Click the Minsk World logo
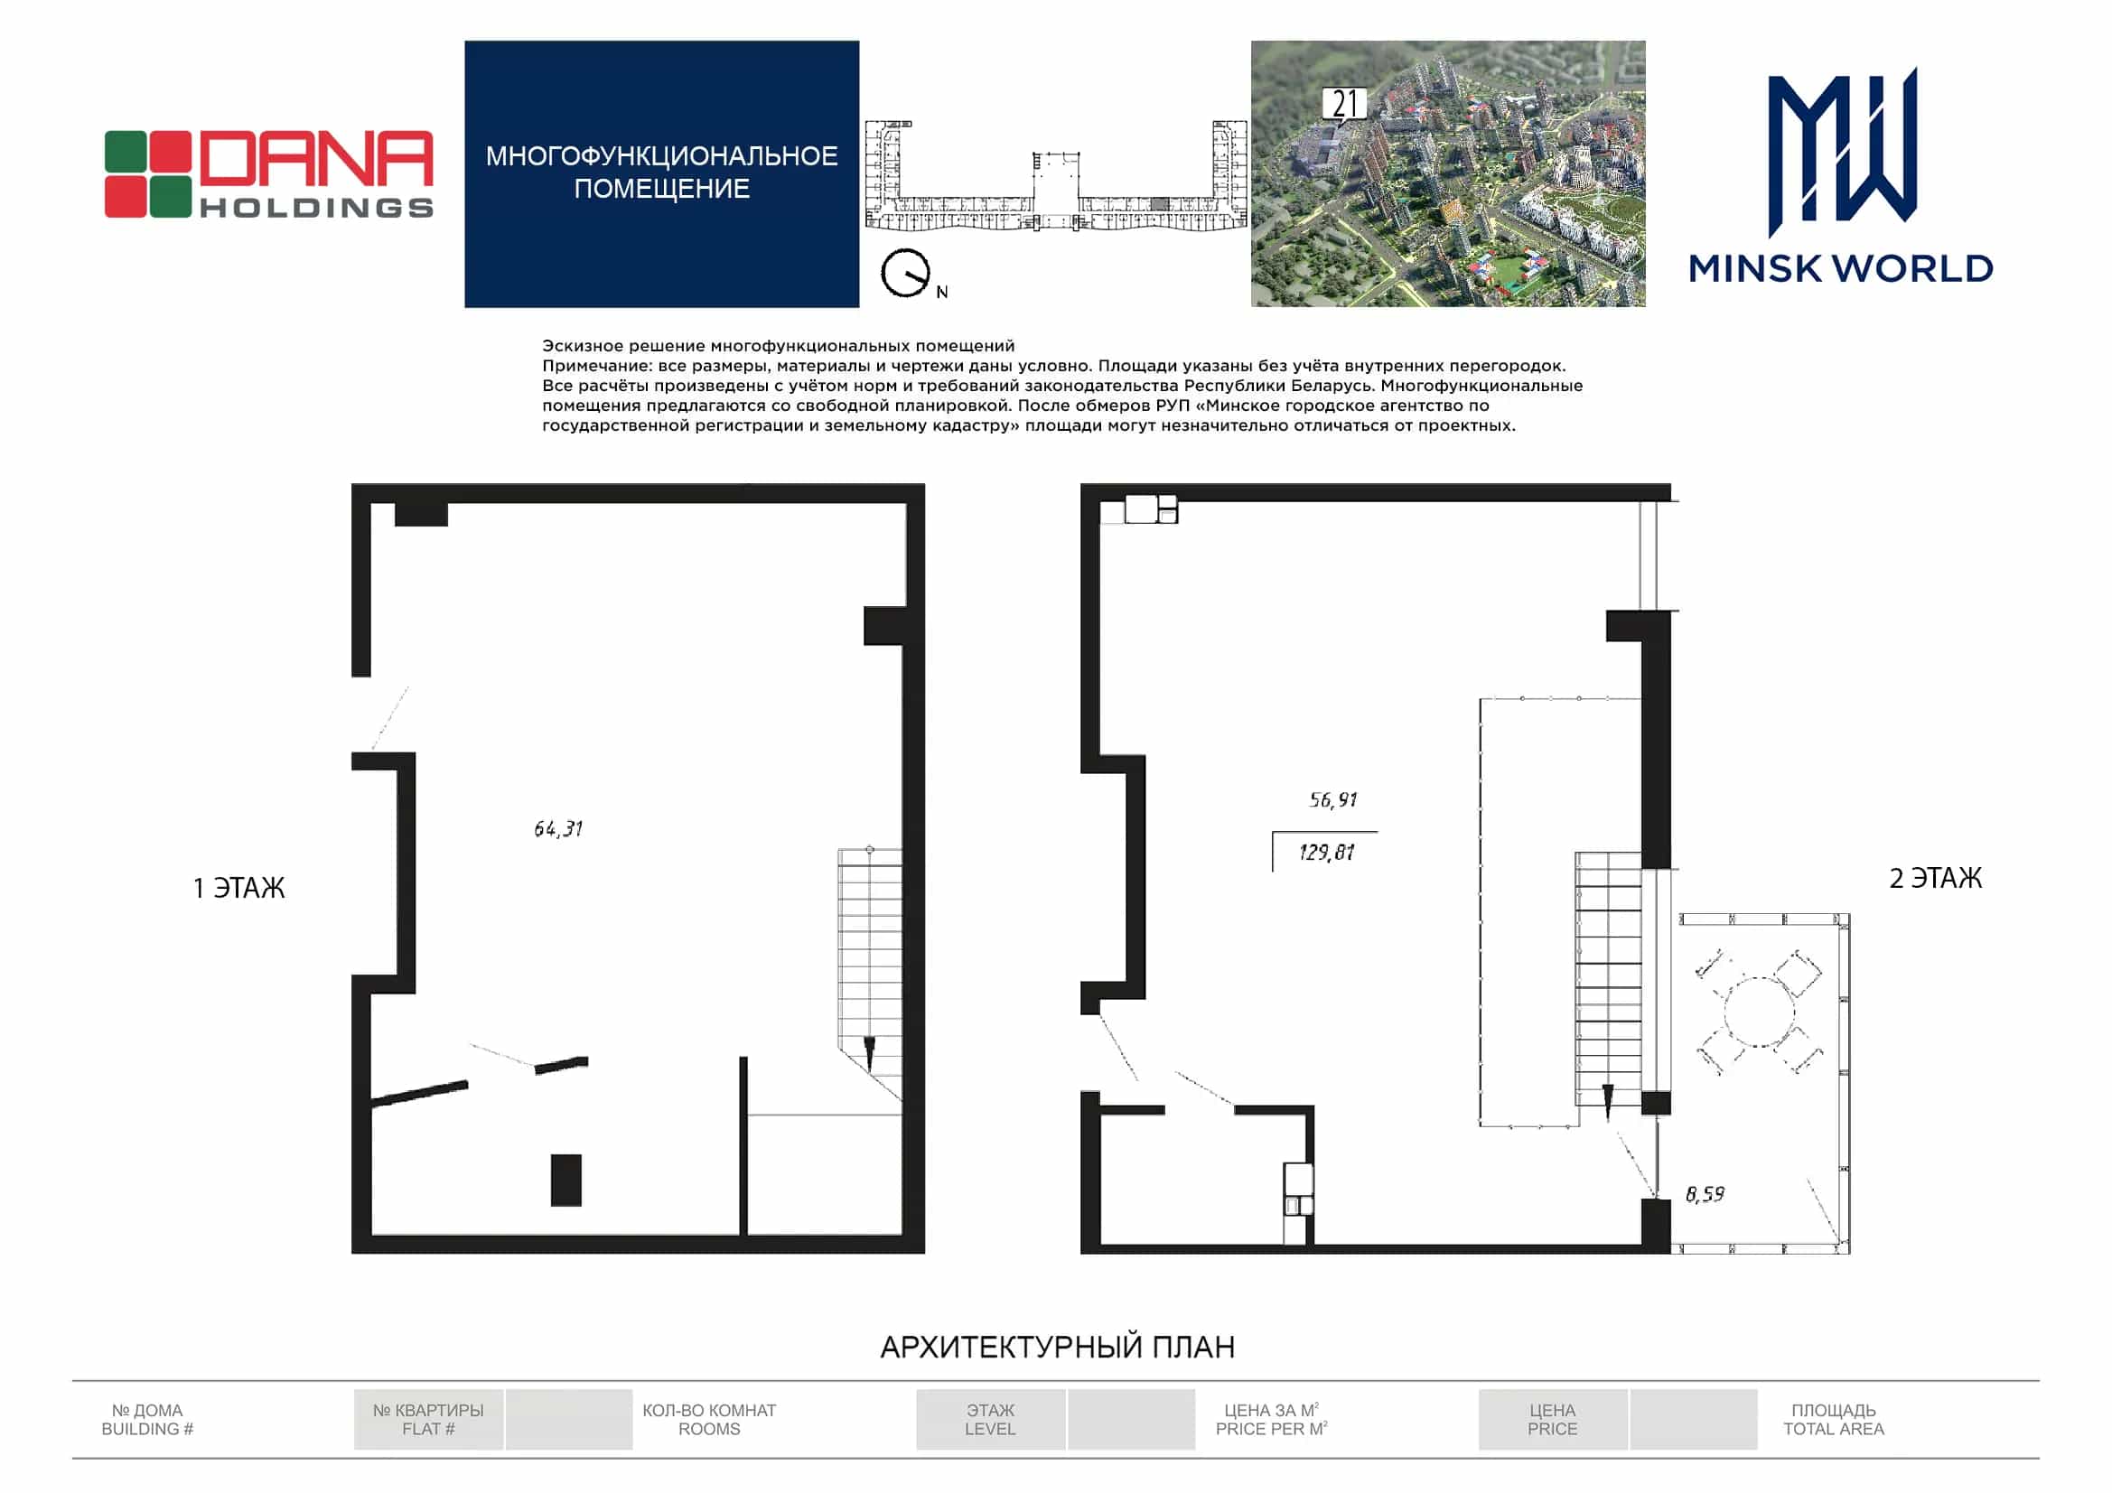[x=1842, y=175]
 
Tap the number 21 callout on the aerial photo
[x=1345, y=105]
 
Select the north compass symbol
[x=906, y=273]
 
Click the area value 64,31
[x=558, y=829]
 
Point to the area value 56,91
[x=1333, y=799]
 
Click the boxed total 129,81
[x=1325, y=852]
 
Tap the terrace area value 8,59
[x=1705, y=1194]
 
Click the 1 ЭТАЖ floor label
[x=239, y=888]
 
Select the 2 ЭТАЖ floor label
[x=1935, y=879]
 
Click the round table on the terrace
[x=1759, y=1012]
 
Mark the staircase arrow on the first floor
[x=869, y=1051]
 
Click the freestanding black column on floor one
[x=565, y=1180]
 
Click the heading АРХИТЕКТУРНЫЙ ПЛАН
[x=1057, y=1347]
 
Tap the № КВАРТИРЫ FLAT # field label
[x=428, y=1420]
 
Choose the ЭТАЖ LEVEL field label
[x=990, y=1420]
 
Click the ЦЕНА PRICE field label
[x=1552, y=1420]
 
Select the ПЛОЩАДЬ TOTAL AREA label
[x=1833, y=1420]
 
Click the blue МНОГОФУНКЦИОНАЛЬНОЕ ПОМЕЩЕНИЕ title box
[x=661, y=173]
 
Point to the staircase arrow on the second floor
[x=1608, y=1101]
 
